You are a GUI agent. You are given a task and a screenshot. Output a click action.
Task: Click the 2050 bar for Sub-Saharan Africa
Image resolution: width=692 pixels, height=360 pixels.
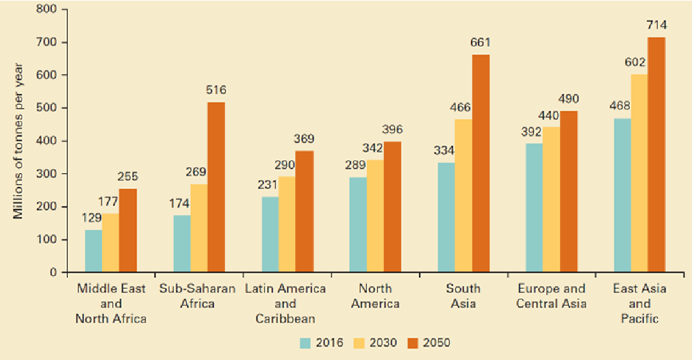(x=216, y=187)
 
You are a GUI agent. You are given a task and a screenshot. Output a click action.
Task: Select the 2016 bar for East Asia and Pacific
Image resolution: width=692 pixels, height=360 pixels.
(x=622, y=195)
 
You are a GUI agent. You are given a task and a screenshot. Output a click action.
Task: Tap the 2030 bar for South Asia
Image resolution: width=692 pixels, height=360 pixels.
(x=463, y=195)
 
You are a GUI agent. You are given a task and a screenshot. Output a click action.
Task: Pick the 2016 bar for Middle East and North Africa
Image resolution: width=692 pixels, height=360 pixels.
(x=94, y=251)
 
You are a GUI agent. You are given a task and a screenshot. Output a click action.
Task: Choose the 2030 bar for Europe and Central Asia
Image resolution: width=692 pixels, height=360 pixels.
(x=551, y=199)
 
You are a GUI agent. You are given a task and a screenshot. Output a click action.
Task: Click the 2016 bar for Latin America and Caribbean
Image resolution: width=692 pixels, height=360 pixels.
(x=270, y=234)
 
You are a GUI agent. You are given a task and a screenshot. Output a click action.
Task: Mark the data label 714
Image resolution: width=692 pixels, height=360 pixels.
(x=657, y=26)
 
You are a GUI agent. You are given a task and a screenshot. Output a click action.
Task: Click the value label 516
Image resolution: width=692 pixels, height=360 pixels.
(x=216, y=90)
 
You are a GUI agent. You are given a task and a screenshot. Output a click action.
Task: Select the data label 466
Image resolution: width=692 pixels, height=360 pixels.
(x=463, y=108)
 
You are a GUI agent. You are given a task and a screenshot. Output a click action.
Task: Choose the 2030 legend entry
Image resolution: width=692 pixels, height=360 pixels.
(x=375, y=343)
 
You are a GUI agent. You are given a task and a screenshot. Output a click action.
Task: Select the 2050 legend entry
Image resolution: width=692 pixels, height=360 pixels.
(x=428, y=343)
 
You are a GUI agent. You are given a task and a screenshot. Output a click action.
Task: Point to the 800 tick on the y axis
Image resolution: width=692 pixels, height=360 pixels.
(x=51, y=10)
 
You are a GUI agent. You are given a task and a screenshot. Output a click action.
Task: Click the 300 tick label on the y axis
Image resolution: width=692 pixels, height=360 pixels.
(x=51, y=174)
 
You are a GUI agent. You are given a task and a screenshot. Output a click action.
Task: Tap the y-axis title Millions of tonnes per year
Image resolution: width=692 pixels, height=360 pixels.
(x=19, y=141)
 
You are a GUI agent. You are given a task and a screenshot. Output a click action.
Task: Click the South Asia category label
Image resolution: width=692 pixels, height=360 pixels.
(x=463, y=296)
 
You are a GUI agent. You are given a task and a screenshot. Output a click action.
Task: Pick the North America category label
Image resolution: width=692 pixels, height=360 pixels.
(x=375, y=296)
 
